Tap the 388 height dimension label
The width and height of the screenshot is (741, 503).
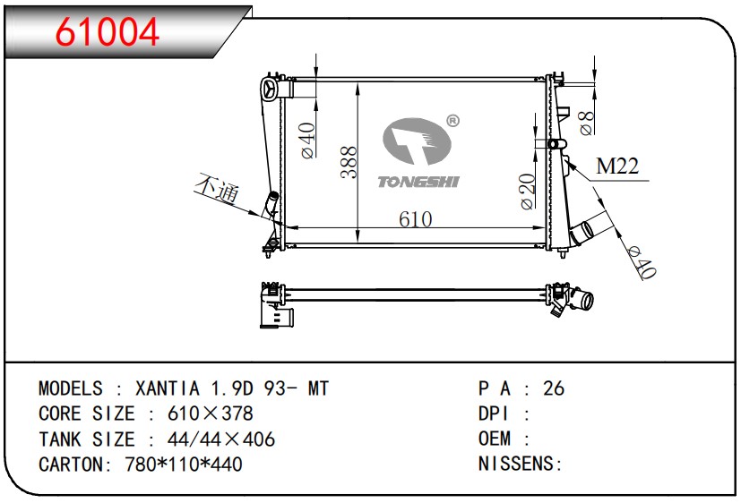click(x=349, y=162)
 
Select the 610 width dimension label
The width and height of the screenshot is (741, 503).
click(x=416, y=219)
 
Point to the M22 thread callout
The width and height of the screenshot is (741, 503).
click(x=617, y=166)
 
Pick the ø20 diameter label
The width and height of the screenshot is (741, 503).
click(x=528, y=192)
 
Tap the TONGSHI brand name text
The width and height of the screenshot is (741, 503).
click(x=418, y=182)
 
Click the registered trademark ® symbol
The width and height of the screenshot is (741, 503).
click(x=452, y=121)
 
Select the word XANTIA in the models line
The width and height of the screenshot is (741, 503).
click(x=168, y=388)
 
